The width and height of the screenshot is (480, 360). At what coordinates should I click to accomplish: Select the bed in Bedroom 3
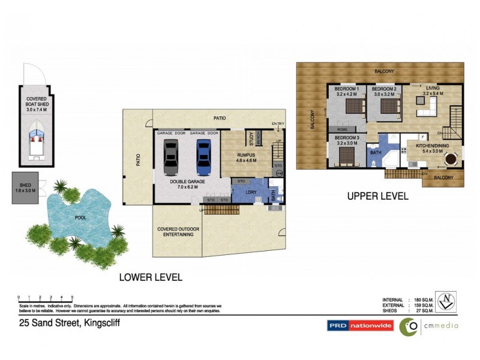click(347, 156)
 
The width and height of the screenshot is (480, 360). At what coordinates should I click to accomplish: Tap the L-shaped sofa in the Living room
click(427, 109)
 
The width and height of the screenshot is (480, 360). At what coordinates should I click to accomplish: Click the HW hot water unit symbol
click(279, 173)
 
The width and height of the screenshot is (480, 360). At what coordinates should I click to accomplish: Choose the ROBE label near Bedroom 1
click(343, 129)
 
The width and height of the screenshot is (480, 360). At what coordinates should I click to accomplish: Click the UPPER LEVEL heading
click(377, 196)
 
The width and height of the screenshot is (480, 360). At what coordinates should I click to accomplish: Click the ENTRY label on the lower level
click(277, 124)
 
